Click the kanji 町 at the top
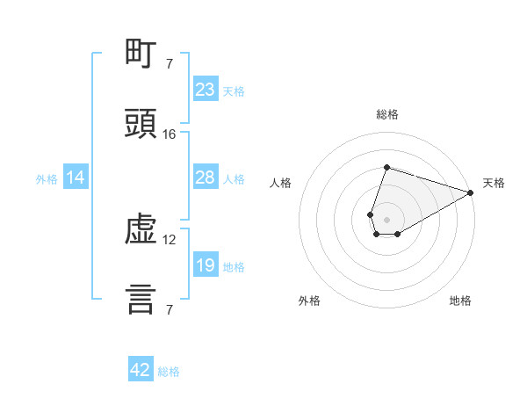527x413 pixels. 141,53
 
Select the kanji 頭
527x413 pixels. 141,123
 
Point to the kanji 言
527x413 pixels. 141,300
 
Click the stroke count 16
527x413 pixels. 169,134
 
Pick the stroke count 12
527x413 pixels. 169,240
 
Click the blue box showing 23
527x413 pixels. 206,89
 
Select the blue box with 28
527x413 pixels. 206,177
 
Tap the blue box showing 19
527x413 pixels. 206,264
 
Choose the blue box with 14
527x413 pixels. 76,177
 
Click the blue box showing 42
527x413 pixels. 141,368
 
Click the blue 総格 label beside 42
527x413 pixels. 169,372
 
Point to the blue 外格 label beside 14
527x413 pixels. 47,179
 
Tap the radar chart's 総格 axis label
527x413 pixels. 387,114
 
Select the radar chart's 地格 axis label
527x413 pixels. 460,301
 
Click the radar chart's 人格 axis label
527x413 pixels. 280,183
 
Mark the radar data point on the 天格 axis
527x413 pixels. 471,192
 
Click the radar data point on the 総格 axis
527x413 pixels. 386,167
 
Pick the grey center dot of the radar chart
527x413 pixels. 386,220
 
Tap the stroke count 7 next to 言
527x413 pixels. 170,309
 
